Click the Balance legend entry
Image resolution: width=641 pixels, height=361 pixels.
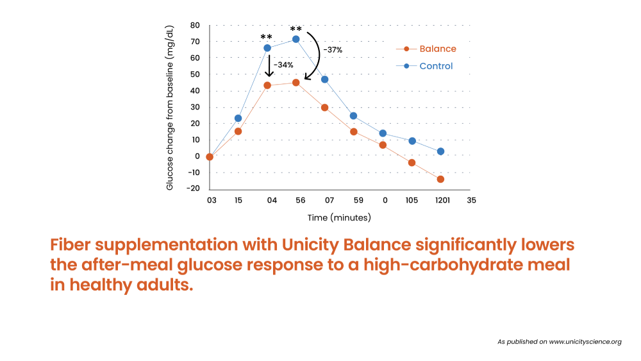tap(426, 49)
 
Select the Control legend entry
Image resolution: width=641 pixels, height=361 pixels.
tap(424, 66)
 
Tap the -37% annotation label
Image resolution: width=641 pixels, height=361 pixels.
tap(333, 50)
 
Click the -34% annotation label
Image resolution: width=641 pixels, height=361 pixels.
tap(283, 65)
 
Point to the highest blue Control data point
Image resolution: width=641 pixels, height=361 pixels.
tap(296, 39)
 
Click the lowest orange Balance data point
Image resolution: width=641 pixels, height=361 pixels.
tap(440, 179)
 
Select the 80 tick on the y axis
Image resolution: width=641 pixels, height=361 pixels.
tap(195, 26)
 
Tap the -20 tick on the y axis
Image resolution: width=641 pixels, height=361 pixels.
tap(194, 188)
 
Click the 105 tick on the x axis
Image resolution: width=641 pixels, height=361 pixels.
tap(412, 200)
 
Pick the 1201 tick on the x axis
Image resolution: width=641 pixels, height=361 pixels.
tap(442, 200)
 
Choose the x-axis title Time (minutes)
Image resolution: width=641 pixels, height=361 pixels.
tap(339, 217)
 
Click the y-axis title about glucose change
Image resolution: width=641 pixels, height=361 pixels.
tap(170, 108)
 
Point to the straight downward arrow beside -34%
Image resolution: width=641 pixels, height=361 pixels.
tap(269, 65)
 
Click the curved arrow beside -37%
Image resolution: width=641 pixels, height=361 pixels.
tap(319, 55)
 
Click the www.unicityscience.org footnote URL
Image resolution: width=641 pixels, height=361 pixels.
tap(585, 342)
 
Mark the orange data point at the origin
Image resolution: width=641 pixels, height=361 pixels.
tap(210, 156)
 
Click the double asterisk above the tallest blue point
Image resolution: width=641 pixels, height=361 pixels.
tap(296, 29)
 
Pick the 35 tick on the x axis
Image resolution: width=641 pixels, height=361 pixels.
tap(471, 200)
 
